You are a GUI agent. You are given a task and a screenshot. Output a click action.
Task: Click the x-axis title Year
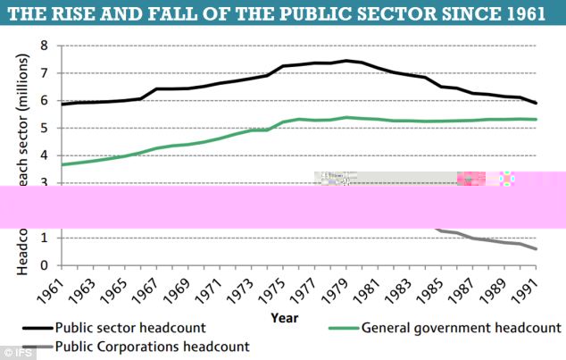coord(286,317)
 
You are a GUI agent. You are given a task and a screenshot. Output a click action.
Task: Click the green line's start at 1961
coord(61,164)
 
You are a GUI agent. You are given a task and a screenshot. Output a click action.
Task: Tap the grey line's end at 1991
coord(537,249)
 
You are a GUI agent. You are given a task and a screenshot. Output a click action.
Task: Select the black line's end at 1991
coord(537,103)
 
